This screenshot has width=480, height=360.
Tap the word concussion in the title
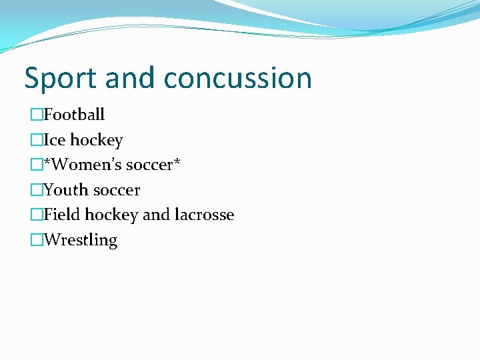[237, 79]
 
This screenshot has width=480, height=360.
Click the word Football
[74, 115]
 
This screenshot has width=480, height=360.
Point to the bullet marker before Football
[36, 115]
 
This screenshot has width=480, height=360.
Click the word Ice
[55, 140]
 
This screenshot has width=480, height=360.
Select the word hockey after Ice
[97, 141]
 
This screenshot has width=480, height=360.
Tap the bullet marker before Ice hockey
[36, 140]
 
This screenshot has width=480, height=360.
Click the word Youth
[65, 190]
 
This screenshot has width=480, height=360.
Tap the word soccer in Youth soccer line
[116, 191]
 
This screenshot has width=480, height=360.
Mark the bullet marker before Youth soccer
[36, 190]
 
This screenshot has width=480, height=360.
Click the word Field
[61, 215]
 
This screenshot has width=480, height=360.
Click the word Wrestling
[80, 240]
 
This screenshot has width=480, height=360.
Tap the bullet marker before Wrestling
[36, 240]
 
